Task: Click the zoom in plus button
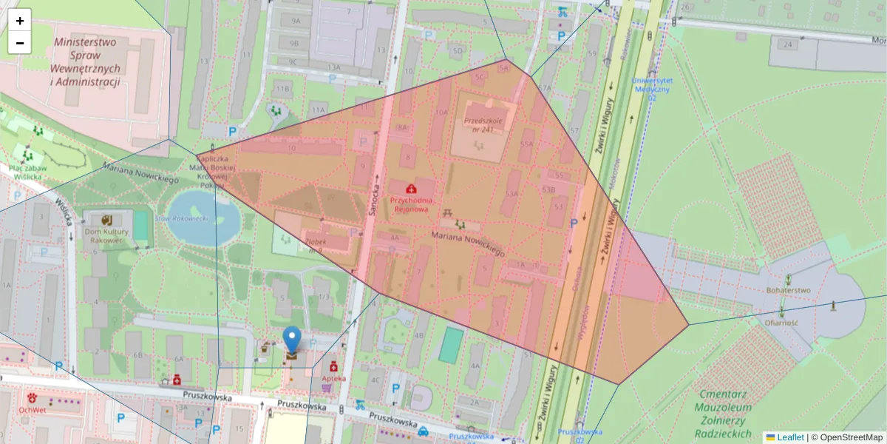coord(20,21)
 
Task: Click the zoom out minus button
coord(20,43)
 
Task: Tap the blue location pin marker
coord(293,340)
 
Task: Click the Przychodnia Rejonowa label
coord(411,204)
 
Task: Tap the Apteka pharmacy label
coord(334,378)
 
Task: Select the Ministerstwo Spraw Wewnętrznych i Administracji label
coord(86,62)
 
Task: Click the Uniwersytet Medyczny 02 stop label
coord(652,88)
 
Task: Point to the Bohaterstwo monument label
coord(789,290)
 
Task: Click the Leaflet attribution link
coord(790,437)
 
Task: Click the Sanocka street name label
coord(375,201)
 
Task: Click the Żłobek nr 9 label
coord(316,245)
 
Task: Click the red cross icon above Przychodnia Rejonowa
coord(410,189)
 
